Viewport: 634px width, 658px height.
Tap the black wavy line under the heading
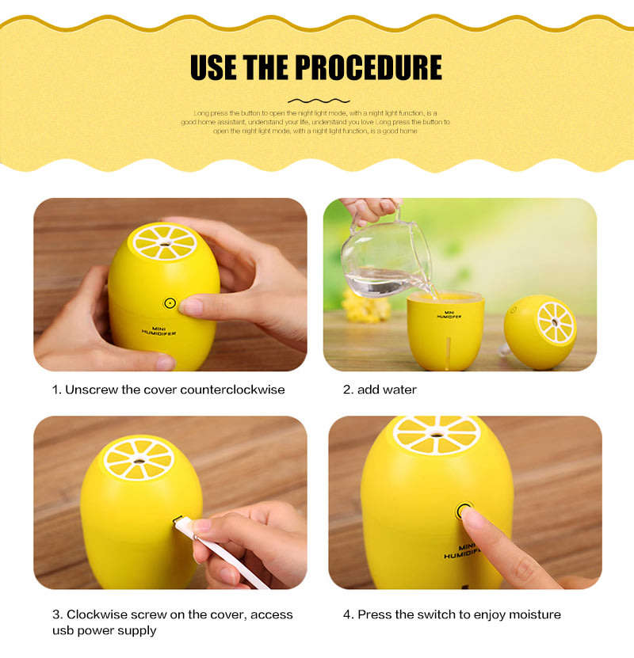click(x=318, y=101)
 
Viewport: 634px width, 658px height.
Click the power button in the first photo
click(x=169, y=302)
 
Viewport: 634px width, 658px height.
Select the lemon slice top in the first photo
click(x=164, y=241)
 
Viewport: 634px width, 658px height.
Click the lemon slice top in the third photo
click(x=139, y=459)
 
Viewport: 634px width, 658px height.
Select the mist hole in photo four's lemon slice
click(x=437, y=433)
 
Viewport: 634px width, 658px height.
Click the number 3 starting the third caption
click(x=56, y=614)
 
